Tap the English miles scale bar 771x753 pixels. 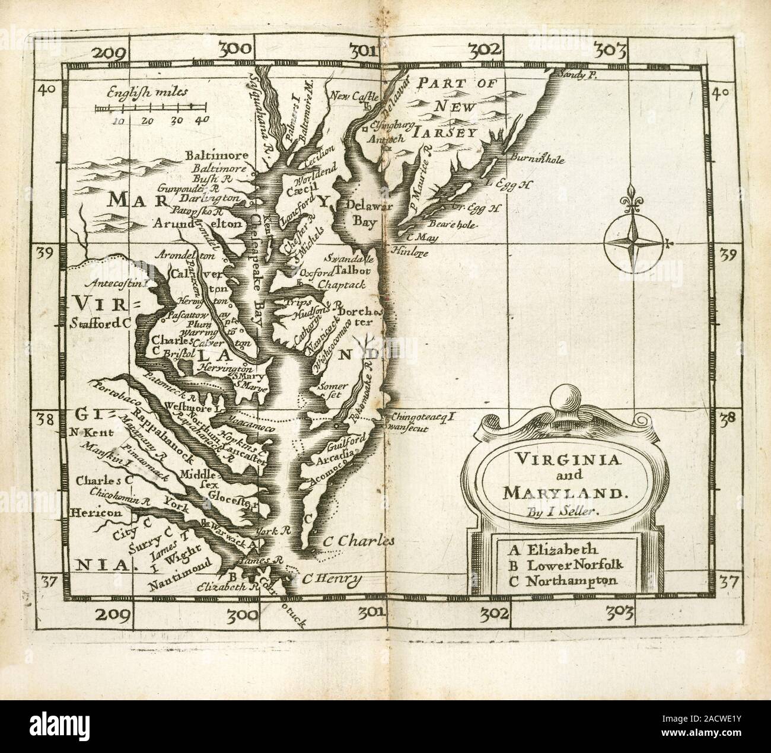pos(151,108)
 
